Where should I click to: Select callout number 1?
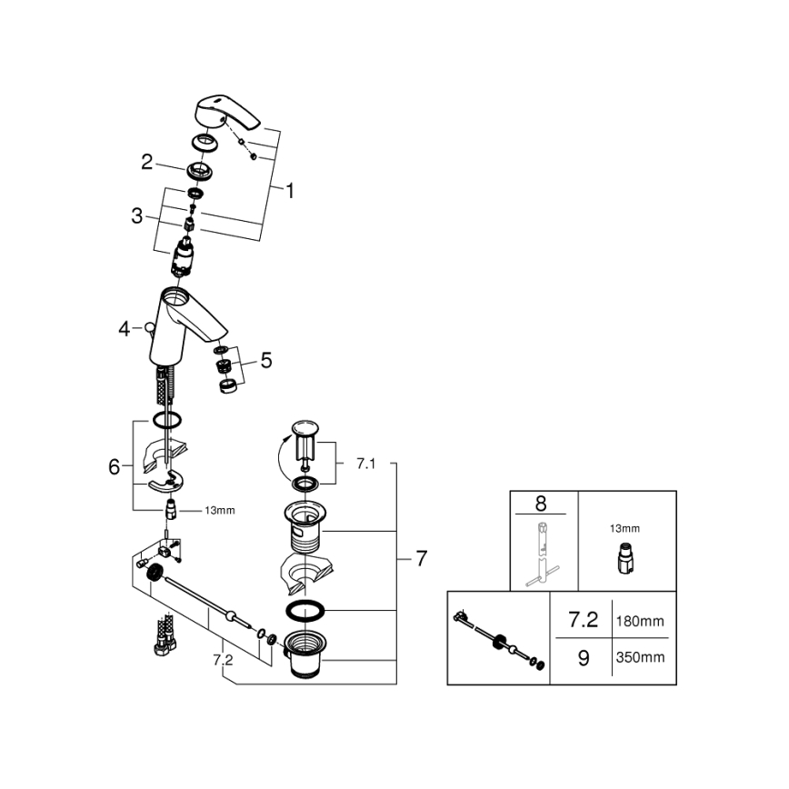(290, 191)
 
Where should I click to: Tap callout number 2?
(146, 162)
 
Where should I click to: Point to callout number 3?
(137, 216)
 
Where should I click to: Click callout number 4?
(125, 329)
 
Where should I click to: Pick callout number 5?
(265, 361)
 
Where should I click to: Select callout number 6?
(115, 467)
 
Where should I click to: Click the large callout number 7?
(421, 559)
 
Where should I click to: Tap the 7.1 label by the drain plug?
(365, 464)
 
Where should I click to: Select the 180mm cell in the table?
(640, 622)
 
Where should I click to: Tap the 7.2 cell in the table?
(583, 622)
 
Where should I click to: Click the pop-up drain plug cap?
(305, 428)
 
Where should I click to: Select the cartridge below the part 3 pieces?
(186, 258)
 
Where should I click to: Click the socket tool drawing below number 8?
(543, 556)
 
